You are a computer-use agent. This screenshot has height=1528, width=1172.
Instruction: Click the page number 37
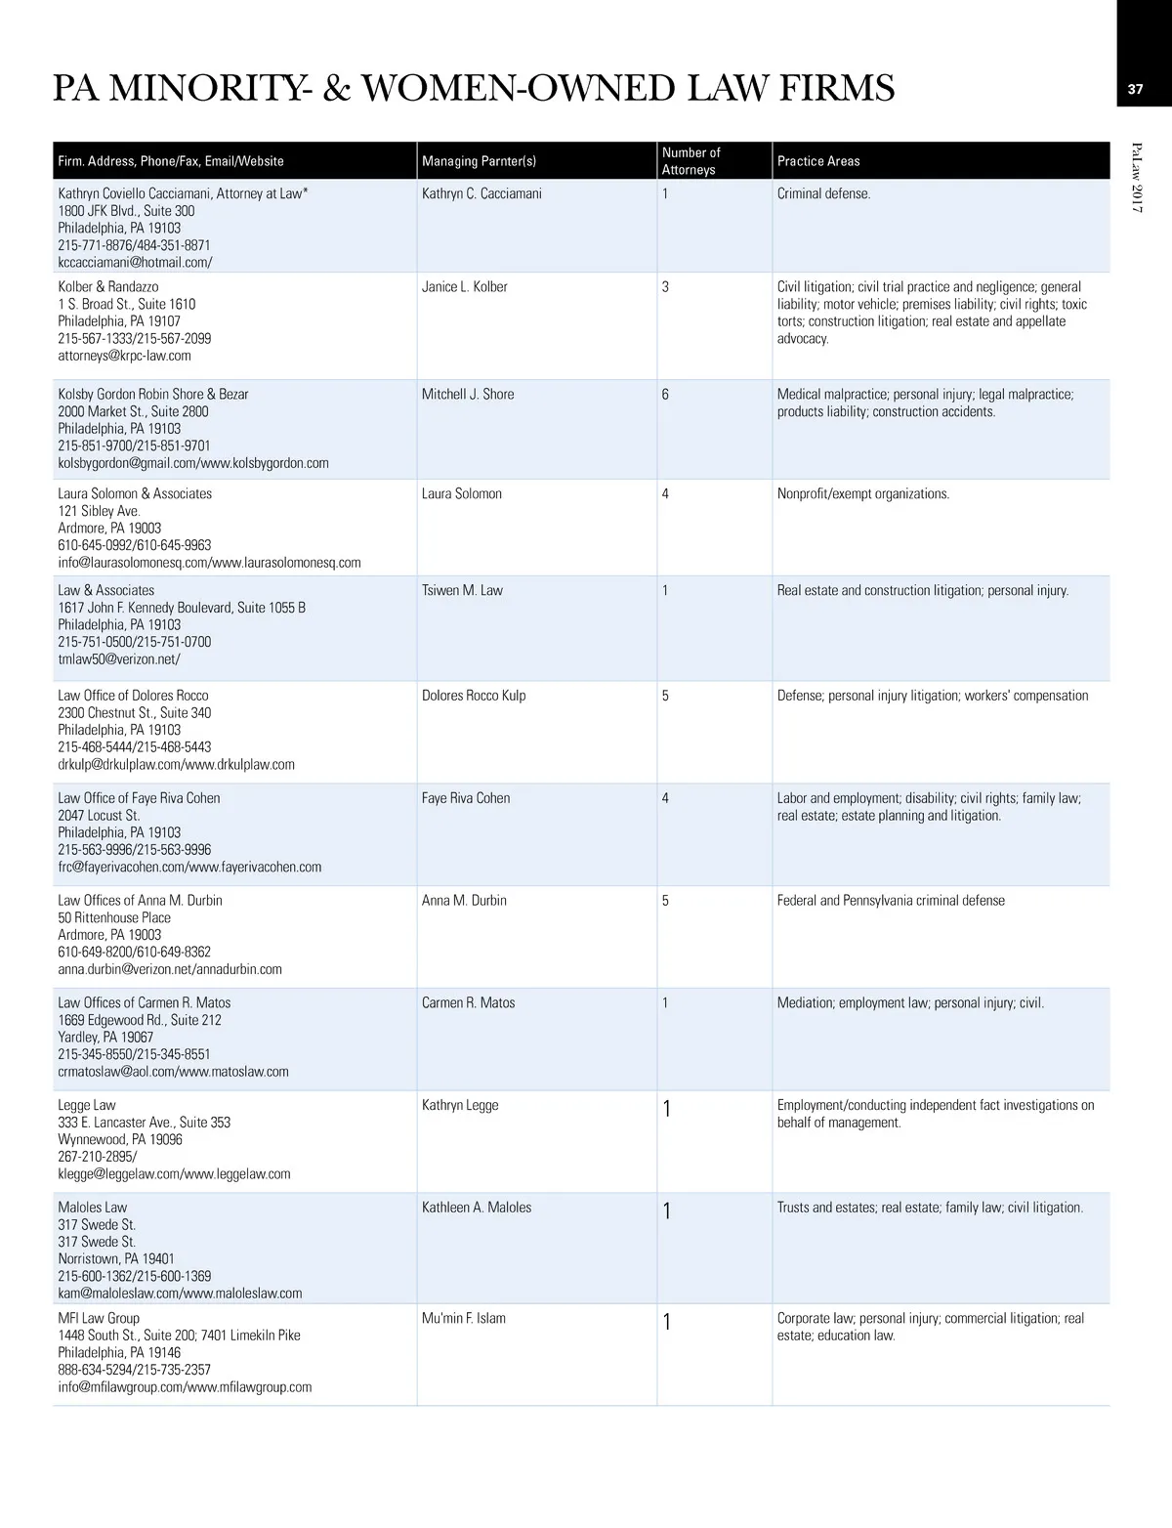point(1135,89)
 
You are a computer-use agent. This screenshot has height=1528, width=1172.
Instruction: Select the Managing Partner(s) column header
point(479,161)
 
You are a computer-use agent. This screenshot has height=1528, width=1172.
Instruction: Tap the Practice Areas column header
point(818,161)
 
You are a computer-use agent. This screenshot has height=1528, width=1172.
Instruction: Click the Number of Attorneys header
point(691,161)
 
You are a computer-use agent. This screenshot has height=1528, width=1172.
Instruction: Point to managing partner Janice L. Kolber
point(464,287)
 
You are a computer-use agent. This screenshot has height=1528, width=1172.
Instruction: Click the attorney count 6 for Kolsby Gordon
point(665,395)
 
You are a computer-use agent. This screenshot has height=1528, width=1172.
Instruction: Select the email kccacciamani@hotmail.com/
point(135,263)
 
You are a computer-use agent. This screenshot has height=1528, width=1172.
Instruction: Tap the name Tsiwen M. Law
point(462,591)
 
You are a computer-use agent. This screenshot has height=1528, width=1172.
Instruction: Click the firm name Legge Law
point(87,1106)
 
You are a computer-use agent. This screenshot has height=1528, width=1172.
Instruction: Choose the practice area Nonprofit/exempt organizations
point(862,494)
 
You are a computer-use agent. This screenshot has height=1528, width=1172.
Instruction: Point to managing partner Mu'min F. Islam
point(464,1319)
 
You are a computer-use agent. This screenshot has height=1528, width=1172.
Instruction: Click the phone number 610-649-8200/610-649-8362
point(134,953)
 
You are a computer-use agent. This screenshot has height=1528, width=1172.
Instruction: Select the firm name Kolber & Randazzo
point(108,287)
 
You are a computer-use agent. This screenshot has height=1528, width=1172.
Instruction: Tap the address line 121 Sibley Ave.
point(99,512)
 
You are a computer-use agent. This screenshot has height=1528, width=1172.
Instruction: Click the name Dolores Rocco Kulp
point(474,697)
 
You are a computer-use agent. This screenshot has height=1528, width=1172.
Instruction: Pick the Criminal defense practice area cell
point(823,194)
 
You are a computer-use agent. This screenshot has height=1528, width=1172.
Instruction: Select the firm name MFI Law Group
point(99,1319)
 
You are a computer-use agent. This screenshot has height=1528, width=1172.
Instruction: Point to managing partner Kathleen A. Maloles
point(477,1209)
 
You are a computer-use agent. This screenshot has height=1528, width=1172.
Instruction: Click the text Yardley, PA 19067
point(105,1038)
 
